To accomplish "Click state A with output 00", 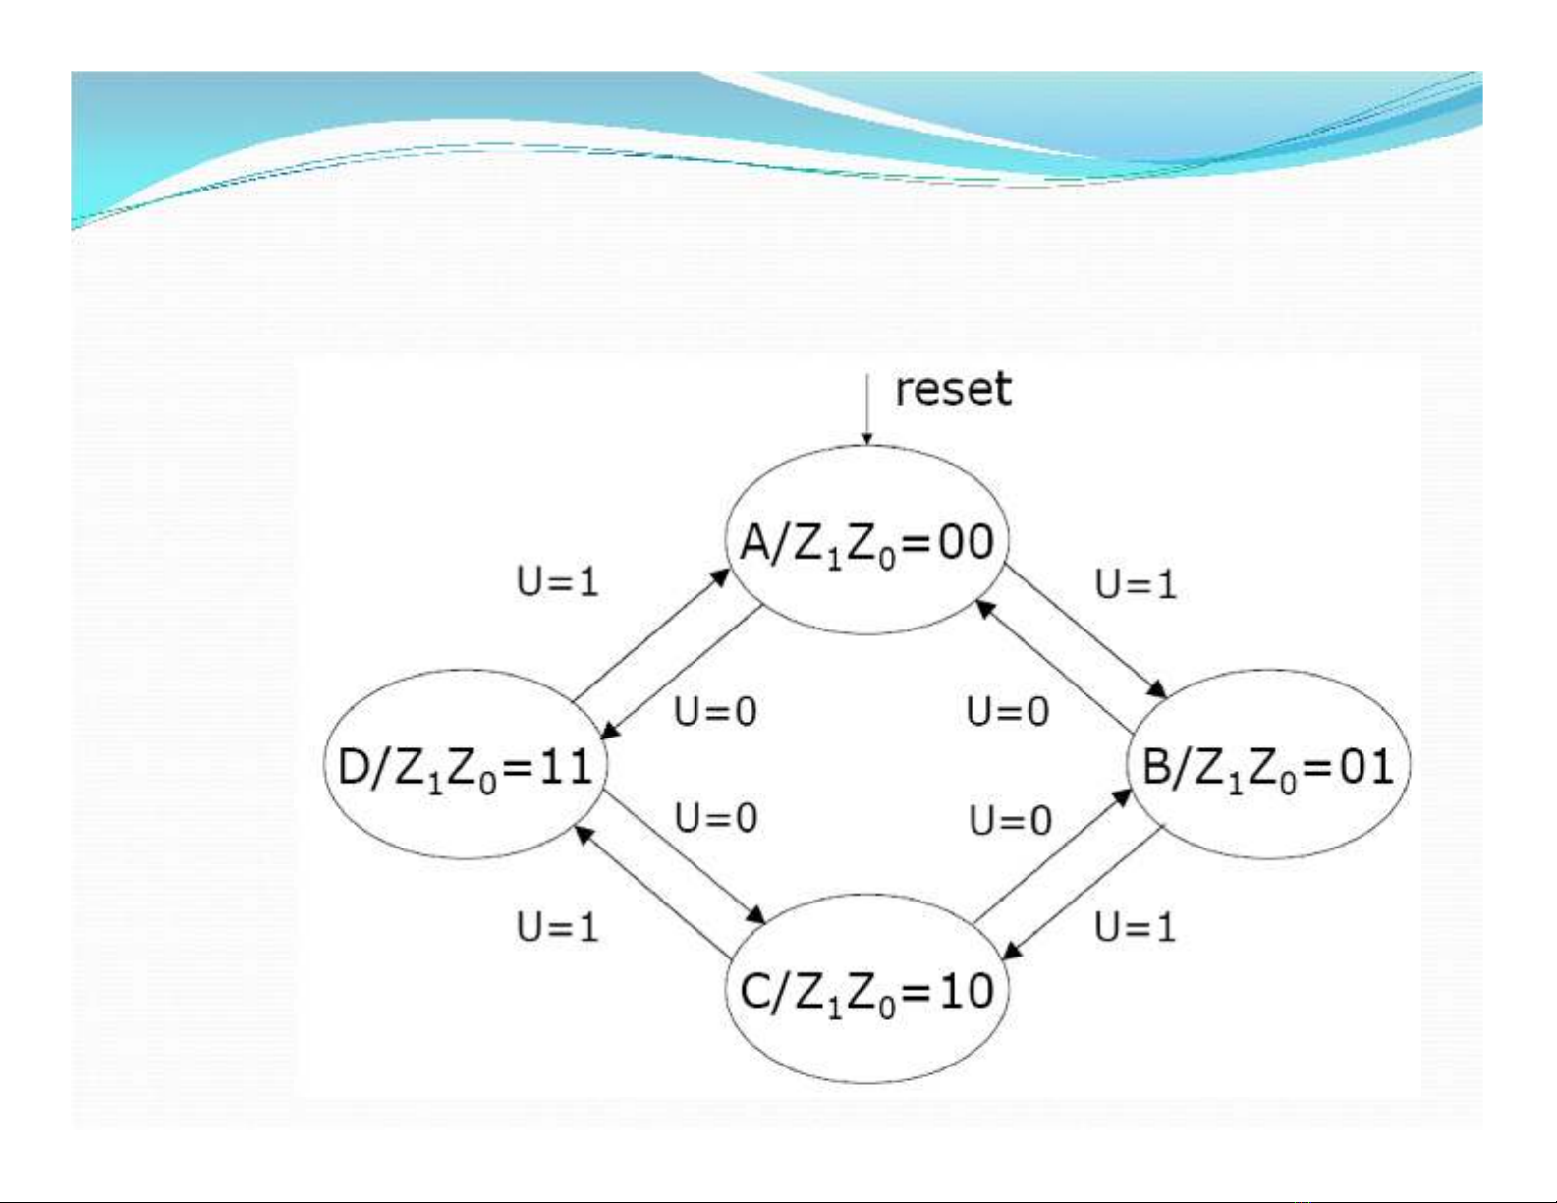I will point(866,541).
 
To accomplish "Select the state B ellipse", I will point(1268,765).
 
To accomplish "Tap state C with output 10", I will point(866,989).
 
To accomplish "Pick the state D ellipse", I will point(465,765).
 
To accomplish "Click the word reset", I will point(952,389).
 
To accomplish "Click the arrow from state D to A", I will point(651,635).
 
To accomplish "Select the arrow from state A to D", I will point(681,671).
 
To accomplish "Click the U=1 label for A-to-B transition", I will point(1136,584).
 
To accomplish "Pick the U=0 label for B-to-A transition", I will point(1008,711).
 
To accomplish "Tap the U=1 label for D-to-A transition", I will point(557,582).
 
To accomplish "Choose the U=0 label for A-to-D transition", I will point(715,711).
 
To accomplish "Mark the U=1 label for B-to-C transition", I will point(1135,926).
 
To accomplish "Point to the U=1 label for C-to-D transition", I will point(557,926).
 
